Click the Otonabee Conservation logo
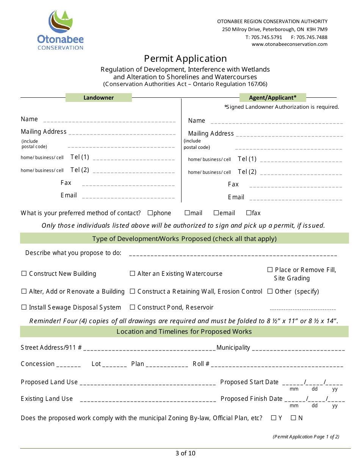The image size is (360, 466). (x=60, y=30)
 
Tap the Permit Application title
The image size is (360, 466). (x=185, y=58)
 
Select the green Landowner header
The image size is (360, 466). (x=99, y=98)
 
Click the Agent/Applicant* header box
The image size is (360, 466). (x=272, y=98)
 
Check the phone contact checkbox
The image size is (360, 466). (x=150, y=213)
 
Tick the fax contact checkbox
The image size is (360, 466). (x=249, y=213)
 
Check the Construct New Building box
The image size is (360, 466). (x=24, y=274)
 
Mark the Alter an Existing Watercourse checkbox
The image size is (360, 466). (x=132, y=274)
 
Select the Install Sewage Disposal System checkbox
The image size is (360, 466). (x=24, y=307)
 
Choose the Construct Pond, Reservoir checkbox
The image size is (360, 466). (x=132, y=307)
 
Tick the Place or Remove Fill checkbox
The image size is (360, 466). (x=270, y=270)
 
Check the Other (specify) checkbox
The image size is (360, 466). (x=270, y=291)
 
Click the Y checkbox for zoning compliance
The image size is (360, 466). (x=274, y=418)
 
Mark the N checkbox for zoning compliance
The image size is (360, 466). (x=293, y=418)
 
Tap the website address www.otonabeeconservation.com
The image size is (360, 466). (x=290, y=44)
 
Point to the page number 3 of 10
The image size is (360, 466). (x=185, y=453)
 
